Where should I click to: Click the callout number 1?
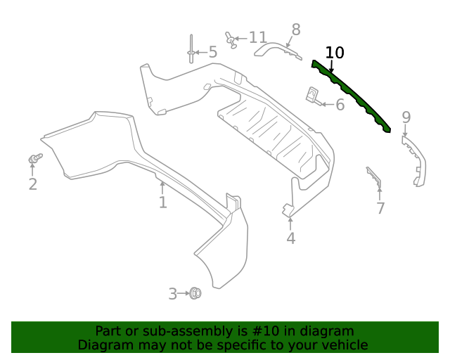[x=162, y=202]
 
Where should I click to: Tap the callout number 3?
[x=172, y=294]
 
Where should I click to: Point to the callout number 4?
[x=291, y=239]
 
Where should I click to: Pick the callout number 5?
[x=212, y=52]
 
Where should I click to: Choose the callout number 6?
[x=340, y=105]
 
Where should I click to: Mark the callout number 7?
[x=380, y=208]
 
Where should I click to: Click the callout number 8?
[x=296, y=30]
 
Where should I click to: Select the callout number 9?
[x=406, y=117]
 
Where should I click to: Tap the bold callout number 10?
[x=335, y=53]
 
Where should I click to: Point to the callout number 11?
[x=257, y=37]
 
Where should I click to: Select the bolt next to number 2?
[x=34, y=159]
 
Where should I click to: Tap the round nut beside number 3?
[x=195, y=293]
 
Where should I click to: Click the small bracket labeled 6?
[x=313, y=95]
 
